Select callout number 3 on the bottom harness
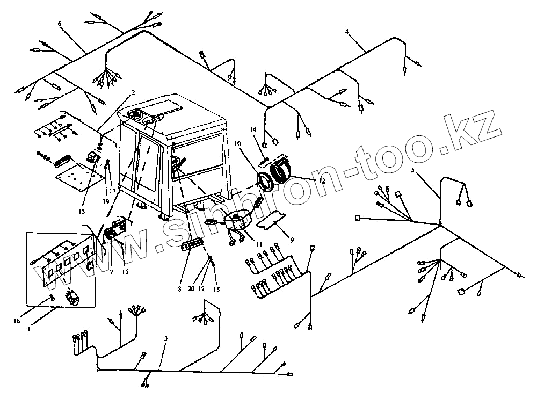pyautogui.click(x=166, y=338)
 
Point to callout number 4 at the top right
pyautogui.click(x=347, y=32)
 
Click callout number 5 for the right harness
pyautogui.click(x=413, y=171)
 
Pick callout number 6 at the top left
pyautogui.click(x=59, y=24)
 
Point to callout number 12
pyautogui.click(x=321, y=181)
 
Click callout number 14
pyautogui.click(x=253, y=131)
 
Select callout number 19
pyautogui.click(x=105, y=201)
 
